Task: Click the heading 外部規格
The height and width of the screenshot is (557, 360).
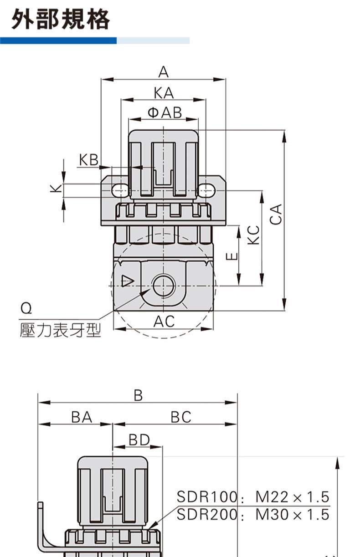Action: pyautogui.click(x=61, y=20)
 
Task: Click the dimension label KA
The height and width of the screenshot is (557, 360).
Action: pyautogui.click(x=164, y=93)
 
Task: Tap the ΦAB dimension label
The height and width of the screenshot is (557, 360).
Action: pyautogui.click(x=164, y=112)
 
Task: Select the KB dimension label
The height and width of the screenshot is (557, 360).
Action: pyautogui.click(x=88, y=160)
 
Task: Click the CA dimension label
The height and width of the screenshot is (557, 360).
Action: pyautogui.click(x=276, y=214)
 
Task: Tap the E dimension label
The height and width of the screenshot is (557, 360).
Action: pyautogui.click(x=232, y=256)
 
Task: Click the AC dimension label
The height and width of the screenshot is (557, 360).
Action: pyautogui.click(x=164, y=322)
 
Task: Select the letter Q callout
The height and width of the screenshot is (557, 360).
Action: pyautogui.click(x=26, y=309)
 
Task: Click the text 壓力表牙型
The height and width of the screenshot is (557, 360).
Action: pyautogui.click(x=60, y=330)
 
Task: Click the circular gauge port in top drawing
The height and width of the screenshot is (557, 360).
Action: pyautogui.click(x=164, y=286)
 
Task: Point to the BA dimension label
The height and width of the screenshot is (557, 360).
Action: pyautogui.click(x=82, y=417)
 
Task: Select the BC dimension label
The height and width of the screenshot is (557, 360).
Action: pyautogui.click(x=181, y=417)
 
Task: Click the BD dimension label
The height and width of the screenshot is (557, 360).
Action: pyautogui.click(x=139, y=440)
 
